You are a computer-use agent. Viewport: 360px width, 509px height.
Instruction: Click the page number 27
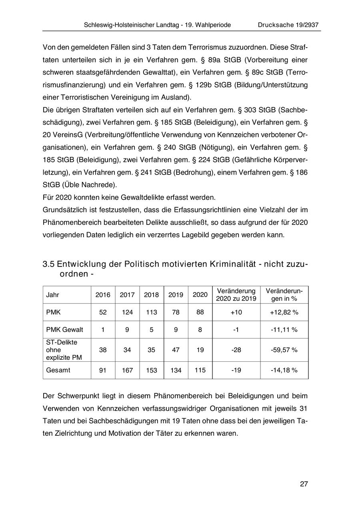point(304,484)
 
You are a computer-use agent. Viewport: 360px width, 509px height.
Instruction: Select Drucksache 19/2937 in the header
point(288,25)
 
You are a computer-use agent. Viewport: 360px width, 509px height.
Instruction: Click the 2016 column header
point(103,295)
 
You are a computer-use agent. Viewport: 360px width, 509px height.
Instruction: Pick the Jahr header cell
point(52,295)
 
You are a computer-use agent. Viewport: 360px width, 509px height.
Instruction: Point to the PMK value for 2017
point(127,313)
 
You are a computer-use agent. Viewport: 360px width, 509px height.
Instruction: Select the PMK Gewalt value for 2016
point(103,330)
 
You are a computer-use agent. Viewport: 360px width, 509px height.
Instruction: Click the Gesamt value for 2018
point(152,371)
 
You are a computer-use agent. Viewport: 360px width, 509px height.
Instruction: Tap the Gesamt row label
point(58,370)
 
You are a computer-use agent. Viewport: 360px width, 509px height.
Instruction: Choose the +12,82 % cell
point(284,313)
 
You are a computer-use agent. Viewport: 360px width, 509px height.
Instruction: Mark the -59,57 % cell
point(284,350)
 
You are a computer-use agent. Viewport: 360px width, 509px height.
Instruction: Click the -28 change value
point(236,350)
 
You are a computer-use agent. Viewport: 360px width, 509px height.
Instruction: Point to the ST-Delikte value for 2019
point(176,350)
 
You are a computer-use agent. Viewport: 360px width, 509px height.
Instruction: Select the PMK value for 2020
point(200,313)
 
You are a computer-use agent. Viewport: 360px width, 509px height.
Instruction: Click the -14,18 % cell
point(284,371)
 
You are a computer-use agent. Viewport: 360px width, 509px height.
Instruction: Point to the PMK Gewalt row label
point(65,330)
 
